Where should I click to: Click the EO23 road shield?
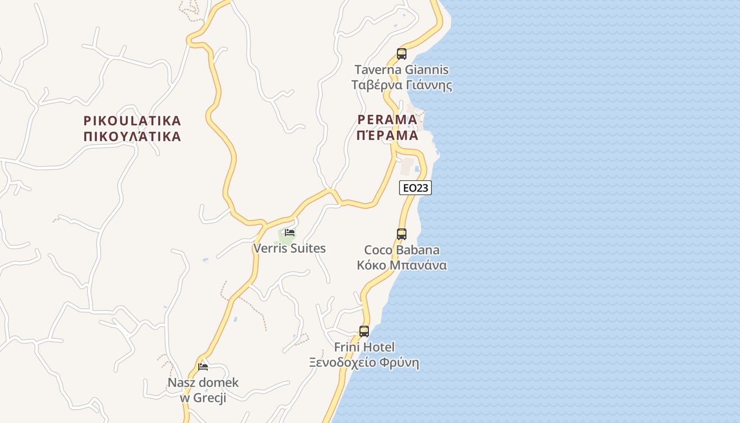coord(415,188)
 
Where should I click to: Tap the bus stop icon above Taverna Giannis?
coord(402,54)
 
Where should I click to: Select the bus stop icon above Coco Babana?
coord(402,234)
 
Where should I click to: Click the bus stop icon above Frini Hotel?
coord(364,332)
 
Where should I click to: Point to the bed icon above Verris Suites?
coord(290,232)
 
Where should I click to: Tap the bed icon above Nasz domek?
coord(203,366)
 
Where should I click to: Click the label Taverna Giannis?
coord(402,70)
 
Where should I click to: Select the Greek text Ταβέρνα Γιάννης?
coord(402,85)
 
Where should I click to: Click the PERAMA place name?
coord(387,119)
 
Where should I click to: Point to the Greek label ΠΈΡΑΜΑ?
coord(387,135)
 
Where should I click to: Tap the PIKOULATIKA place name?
coord(132,121)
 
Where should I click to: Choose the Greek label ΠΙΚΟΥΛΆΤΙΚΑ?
coord(132,136)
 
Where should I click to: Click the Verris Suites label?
coord(290,248)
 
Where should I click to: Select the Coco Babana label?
coord(402,250)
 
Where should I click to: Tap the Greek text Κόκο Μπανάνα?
coord(402,265)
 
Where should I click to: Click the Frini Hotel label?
coord(364,347)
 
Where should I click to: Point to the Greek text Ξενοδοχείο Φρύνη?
coord(364,363)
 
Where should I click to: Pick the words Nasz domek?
coord(203,382)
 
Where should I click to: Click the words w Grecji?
coord(203,398)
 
